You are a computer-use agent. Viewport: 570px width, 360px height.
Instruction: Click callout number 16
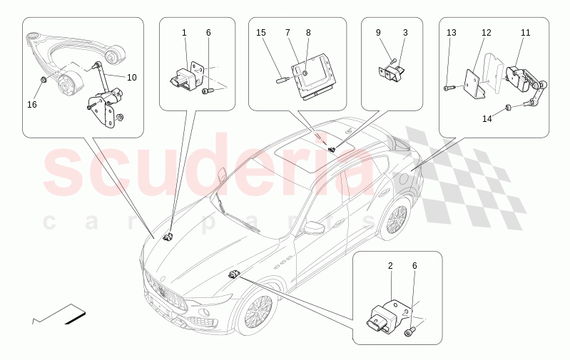31,105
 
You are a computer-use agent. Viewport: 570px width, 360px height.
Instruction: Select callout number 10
132,77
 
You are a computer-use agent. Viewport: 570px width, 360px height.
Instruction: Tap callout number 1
184,33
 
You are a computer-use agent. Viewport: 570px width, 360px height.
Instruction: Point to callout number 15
261,33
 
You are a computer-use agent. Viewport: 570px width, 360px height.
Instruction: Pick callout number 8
308,33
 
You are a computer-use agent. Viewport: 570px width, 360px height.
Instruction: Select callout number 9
378,33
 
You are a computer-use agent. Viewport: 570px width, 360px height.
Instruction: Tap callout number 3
405,33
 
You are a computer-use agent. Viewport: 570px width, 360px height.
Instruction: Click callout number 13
451,33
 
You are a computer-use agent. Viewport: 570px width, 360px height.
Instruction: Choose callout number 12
486,33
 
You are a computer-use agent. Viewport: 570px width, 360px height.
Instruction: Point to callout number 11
525,33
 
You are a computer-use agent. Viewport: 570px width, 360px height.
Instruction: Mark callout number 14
487,118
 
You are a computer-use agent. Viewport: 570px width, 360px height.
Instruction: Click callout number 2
390,266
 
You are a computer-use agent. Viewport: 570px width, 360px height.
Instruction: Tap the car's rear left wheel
393,222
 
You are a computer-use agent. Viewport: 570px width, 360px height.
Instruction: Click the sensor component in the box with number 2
385,314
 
